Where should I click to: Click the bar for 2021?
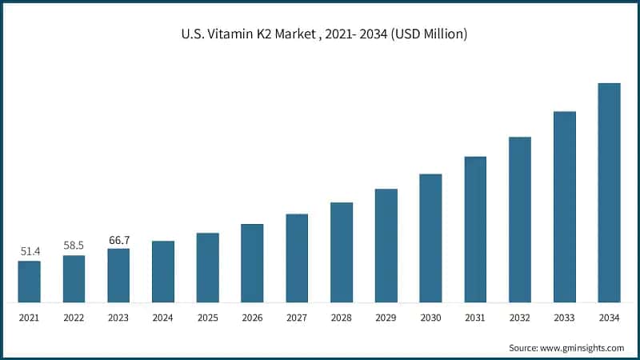point(29,282)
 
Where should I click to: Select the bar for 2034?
point(610,193)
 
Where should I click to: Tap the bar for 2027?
point(297,258)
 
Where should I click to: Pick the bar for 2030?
point(430,238)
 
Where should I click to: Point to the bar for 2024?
point(163,272)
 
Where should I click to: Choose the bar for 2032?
point(520,220)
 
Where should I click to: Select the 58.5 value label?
point(74,246)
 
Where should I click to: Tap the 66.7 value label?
point(118,239)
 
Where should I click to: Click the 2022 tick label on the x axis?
point(74,318)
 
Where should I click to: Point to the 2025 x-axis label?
point(207,318)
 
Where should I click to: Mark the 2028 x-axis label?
point(342,318)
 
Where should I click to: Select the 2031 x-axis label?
point(475,318)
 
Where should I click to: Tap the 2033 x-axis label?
point(565,318)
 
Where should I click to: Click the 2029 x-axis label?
point(386,318)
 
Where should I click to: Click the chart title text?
point(319,35)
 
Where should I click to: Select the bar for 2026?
point(252,263)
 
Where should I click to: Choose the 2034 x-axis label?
point(610,318)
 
